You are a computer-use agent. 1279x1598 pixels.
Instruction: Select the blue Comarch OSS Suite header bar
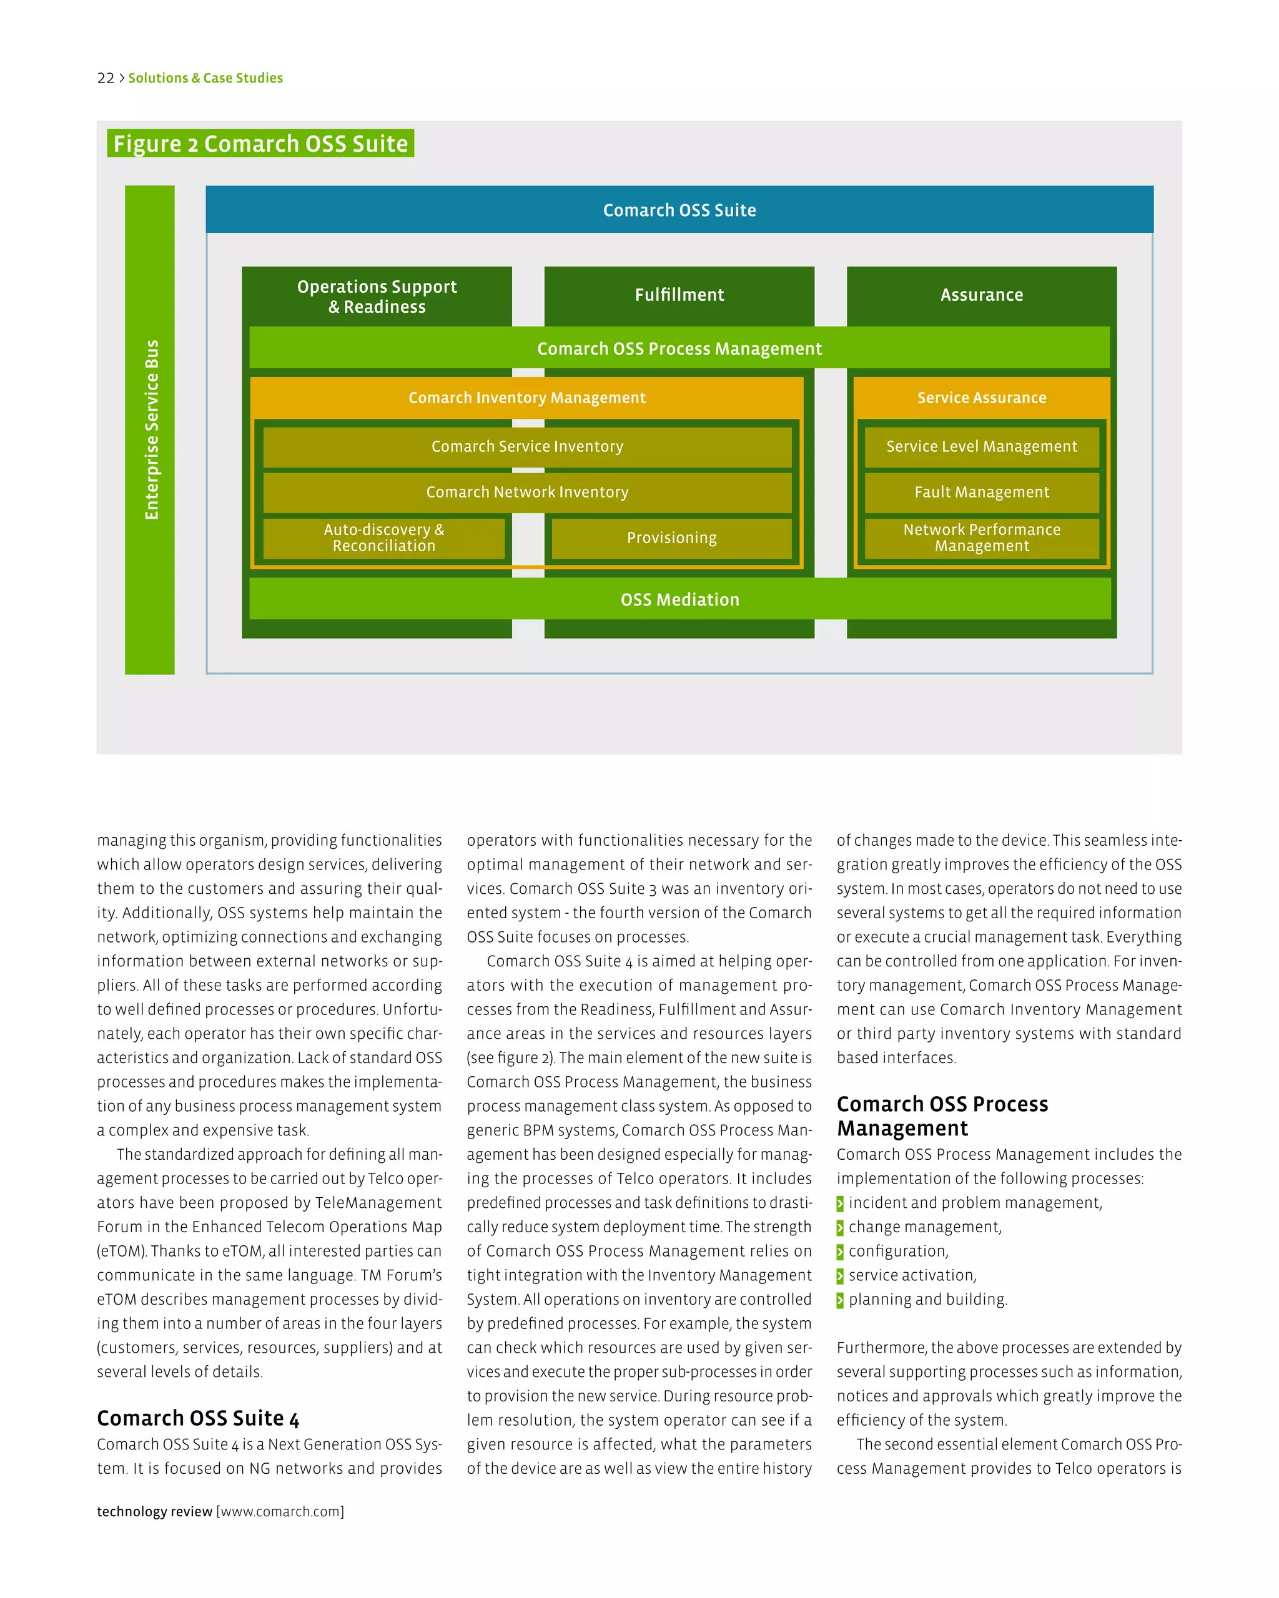tap(679, 210)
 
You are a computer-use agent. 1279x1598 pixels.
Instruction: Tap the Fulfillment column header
tap(679, 295)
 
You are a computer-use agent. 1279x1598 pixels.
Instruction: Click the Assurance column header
tap(981, 295)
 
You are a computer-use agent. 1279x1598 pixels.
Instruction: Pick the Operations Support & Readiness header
tap(377, 297)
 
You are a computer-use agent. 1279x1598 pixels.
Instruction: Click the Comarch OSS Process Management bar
tap(679, 348)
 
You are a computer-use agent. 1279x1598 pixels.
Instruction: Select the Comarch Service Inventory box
tap(527, 447)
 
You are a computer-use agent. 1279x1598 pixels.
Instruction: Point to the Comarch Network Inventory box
tap(527, 492)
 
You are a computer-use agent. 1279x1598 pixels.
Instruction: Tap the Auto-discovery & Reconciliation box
tap(383, 538)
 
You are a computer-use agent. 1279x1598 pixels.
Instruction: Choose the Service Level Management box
tap(981, 447)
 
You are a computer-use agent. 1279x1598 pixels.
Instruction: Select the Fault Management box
tap(981, 492)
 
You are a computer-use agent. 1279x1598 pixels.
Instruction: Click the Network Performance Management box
tap(981, 538)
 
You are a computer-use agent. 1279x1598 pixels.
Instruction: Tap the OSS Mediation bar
tap(679, 599)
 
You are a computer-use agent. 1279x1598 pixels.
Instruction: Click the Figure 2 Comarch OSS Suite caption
tap(260, 144)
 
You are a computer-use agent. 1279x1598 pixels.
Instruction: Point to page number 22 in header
tap(106, 78)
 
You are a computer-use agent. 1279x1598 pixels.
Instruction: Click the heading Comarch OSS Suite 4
tap(198, 1418)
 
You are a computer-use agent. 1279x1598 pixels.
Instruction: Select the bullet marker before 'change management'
tap(840, 1228)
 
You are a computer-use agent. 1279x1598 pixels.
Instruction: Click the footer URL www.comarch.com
tap(280, 1512)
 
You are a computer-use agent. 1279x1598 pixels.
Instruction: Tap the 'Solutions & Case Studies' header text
tap(205, 78)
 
